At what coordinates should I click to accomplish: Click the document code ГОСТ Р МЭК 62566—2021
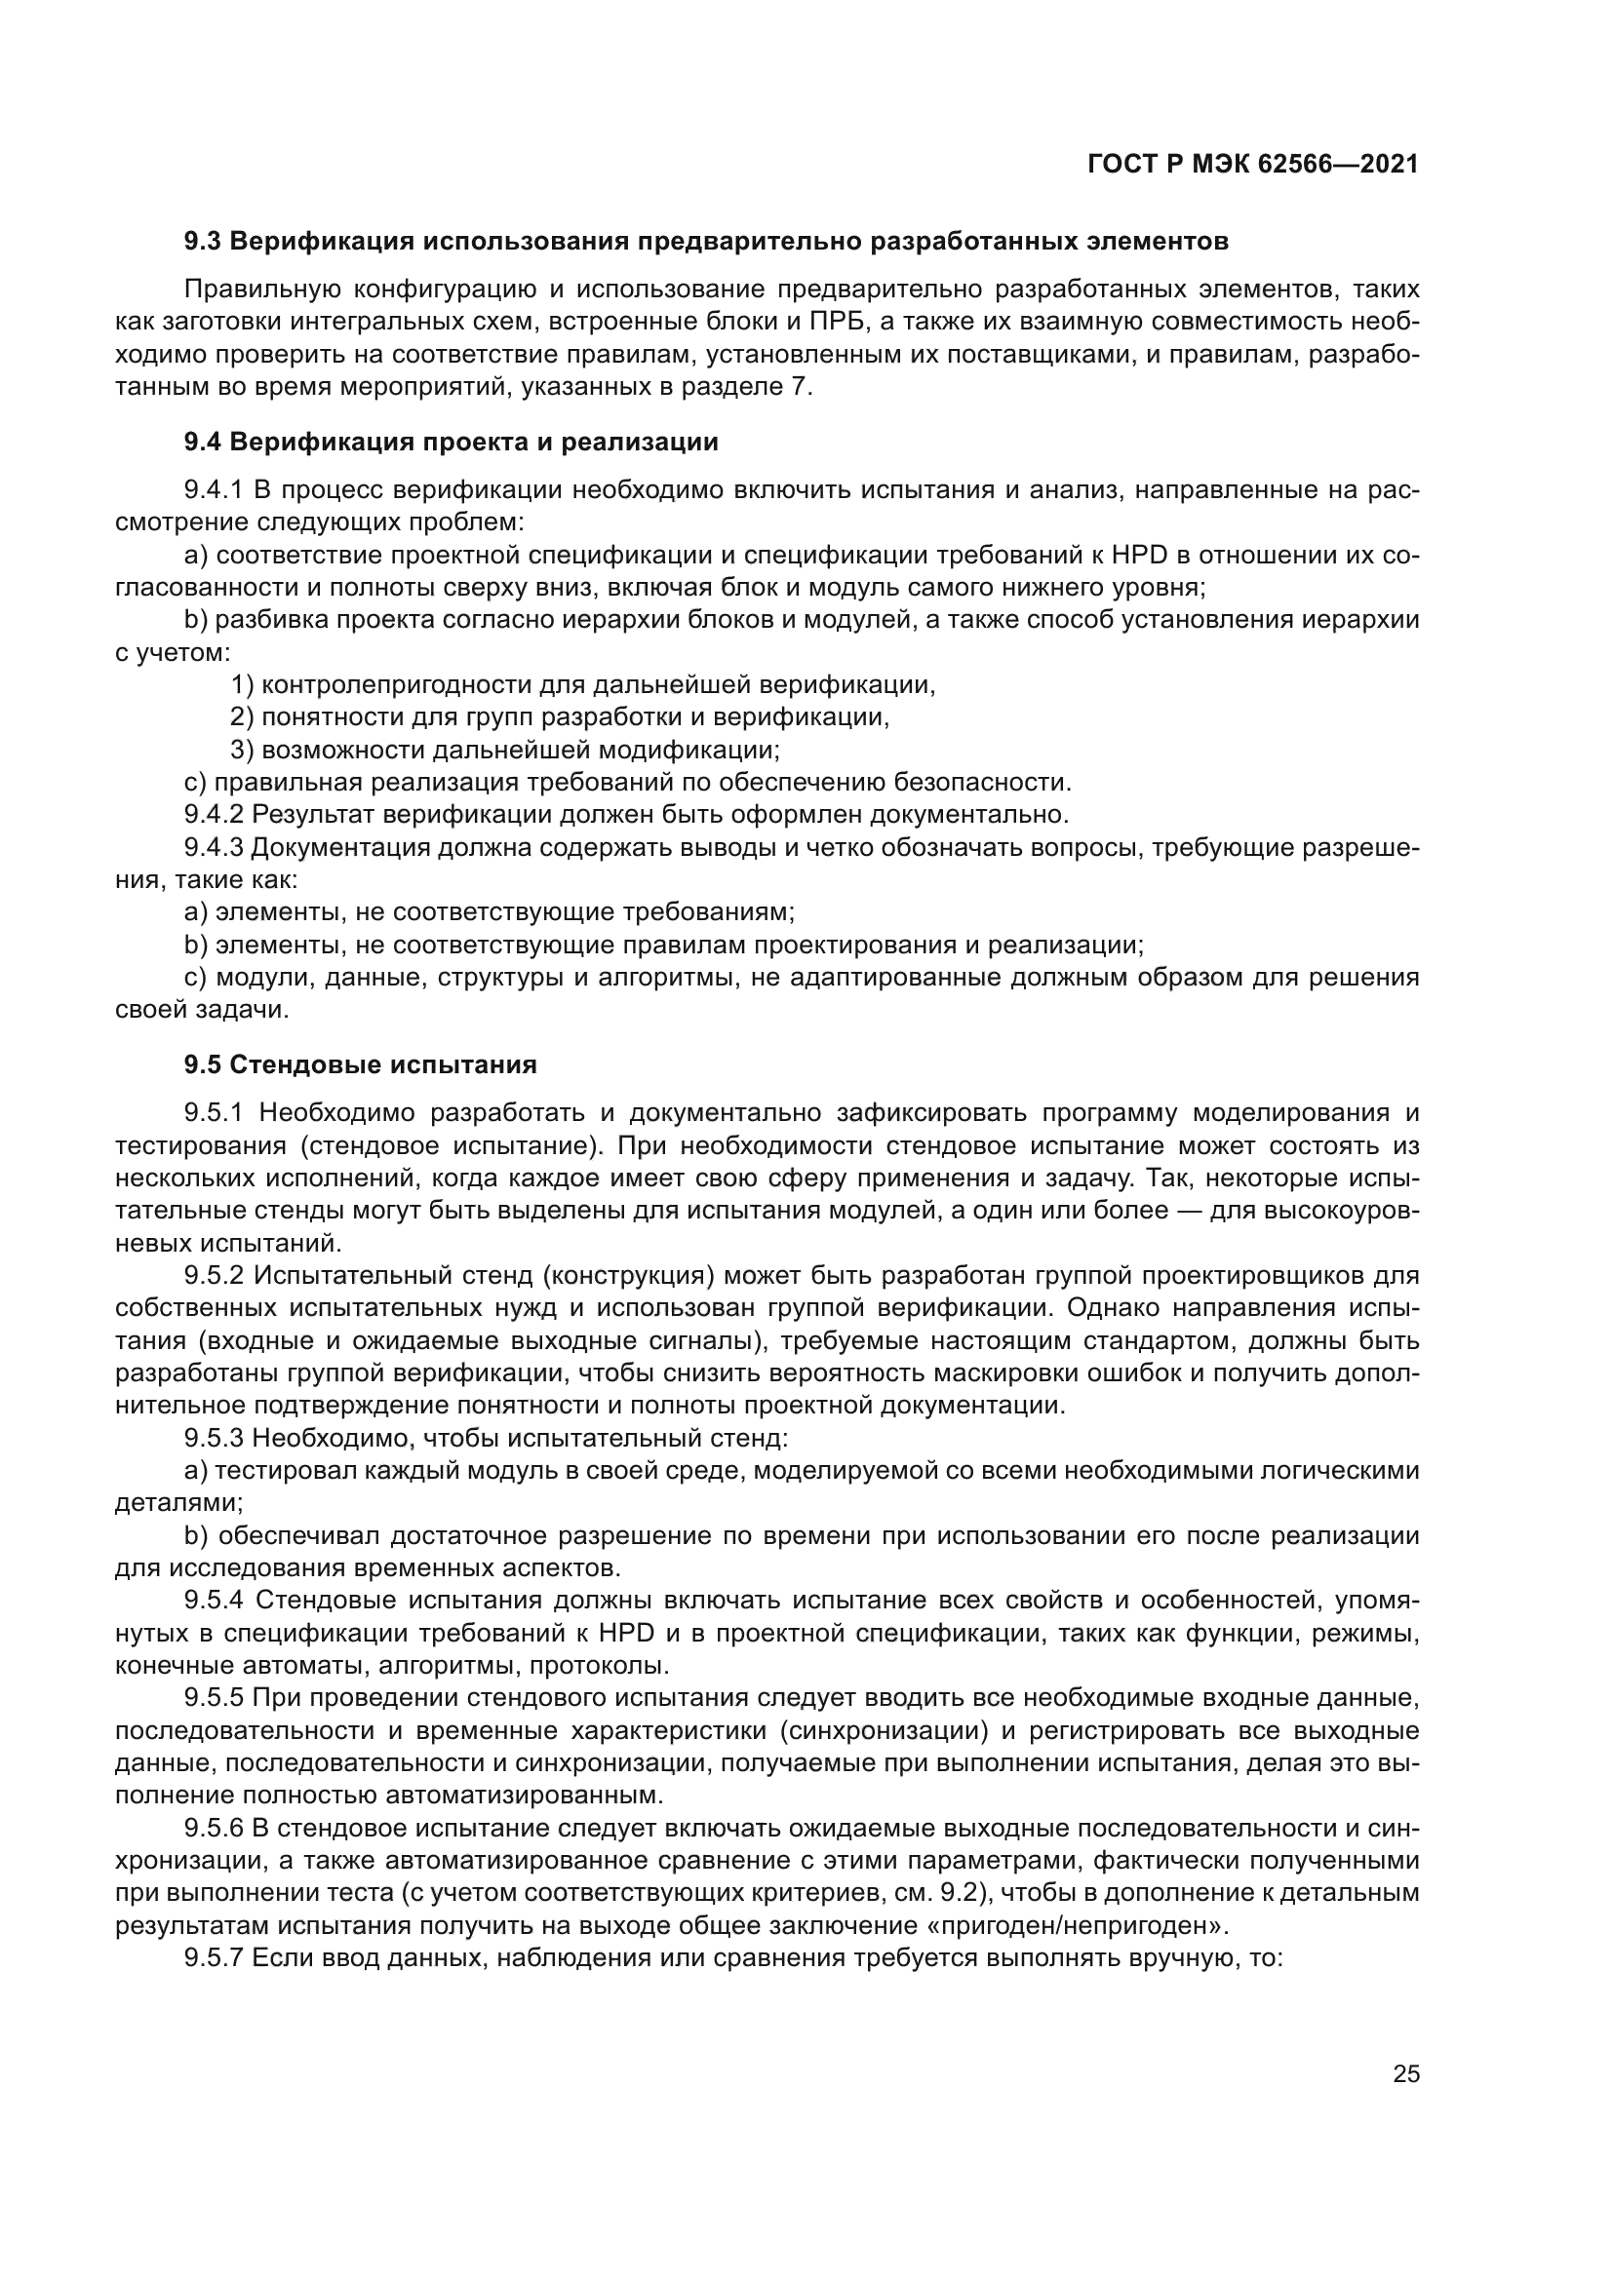coord(1252,165)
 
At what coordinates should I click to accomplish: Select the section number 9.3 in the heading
coord(204,242)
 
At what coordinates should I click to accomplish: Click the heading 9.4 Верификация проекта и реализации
coord(451,442)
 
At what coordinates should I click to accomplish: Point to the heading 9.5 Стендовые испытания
coord(361,1065)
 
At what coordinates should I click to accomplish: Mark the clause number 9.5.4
coord(216,1600)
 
